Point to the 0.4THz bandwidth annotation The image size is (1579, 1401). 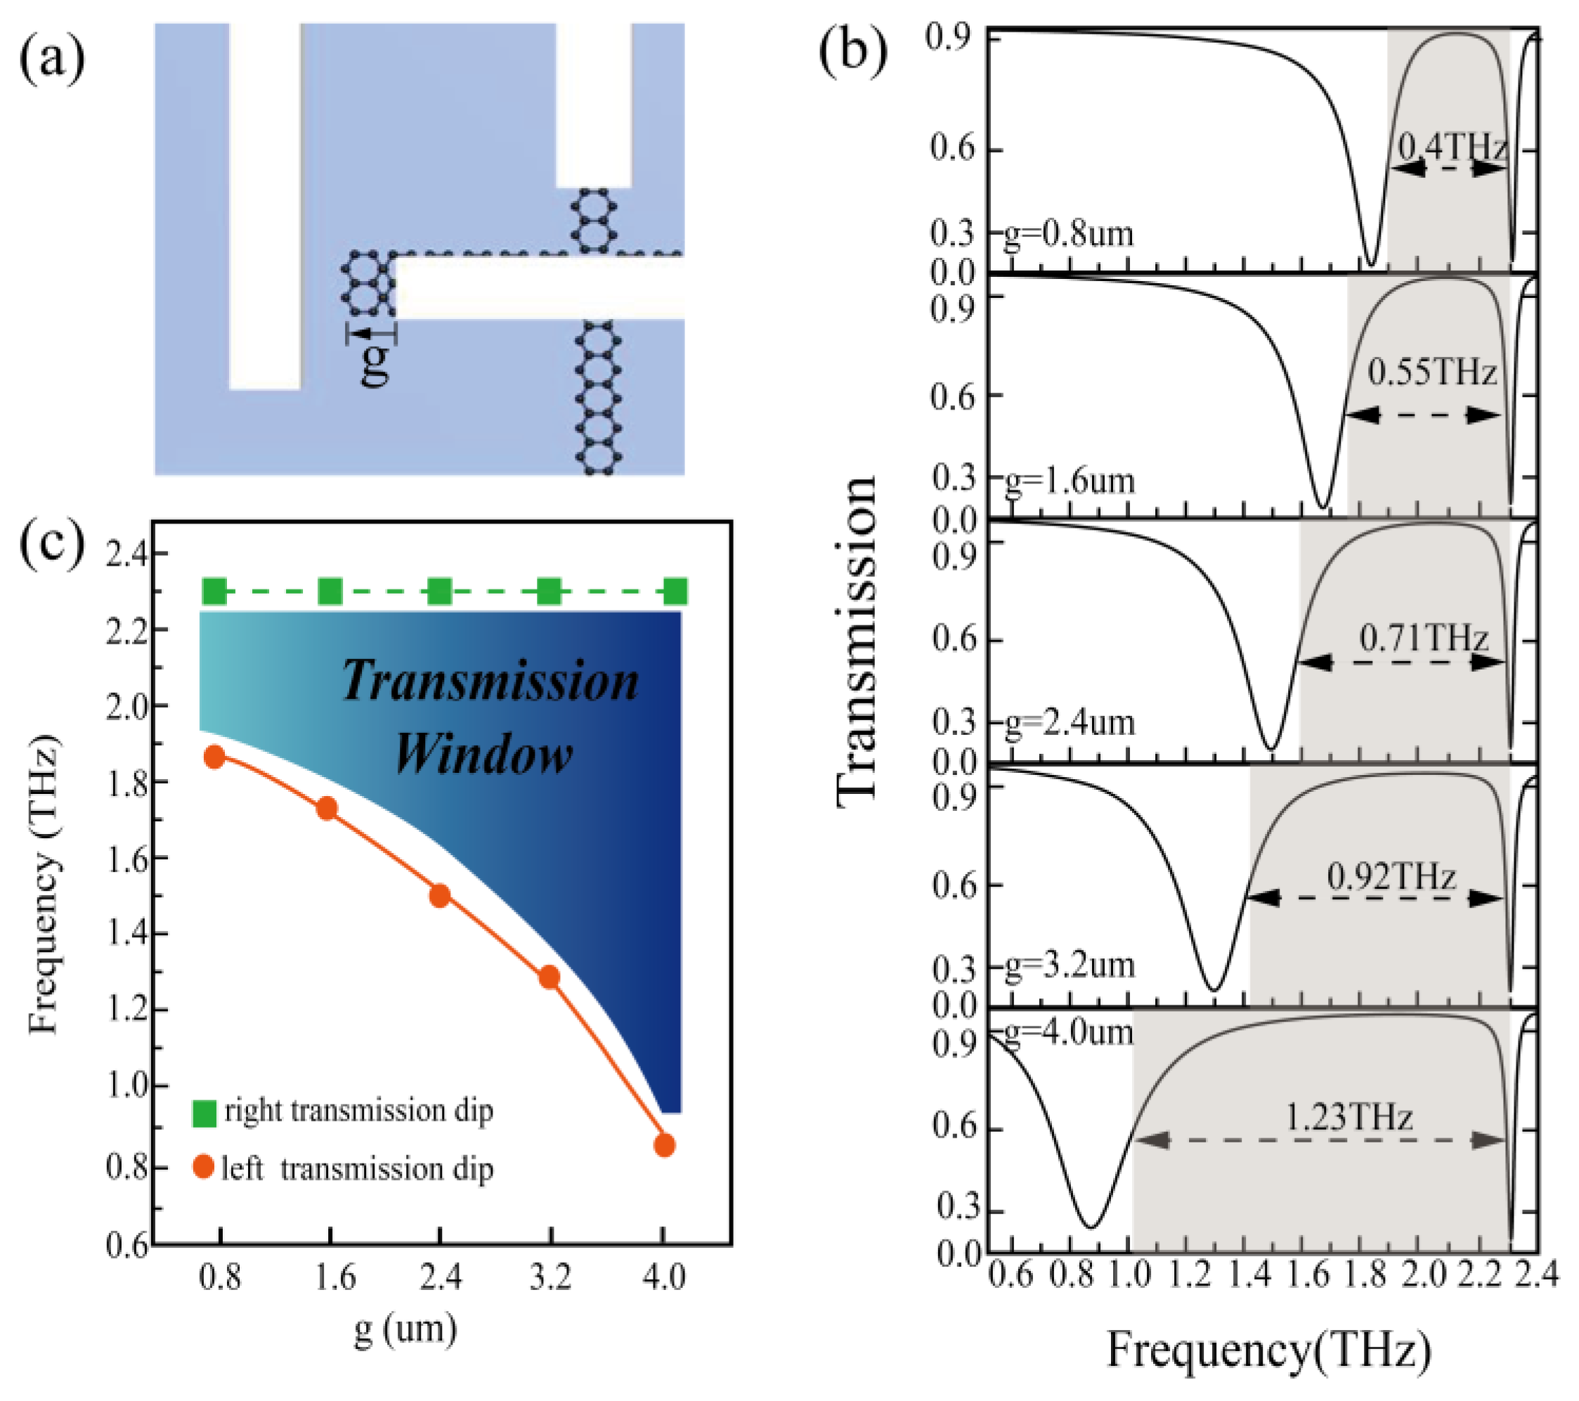(x=1453, y=145)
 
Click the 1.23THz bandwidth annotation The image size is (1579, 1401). (x=1349, y=1116)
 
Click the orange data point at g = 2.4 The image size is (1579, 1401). (x=440, y=896)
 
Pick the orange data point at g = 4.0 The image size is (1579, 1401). (x=664, y=1145)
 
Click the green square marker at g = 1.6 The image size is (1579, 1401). (x=330, y=592)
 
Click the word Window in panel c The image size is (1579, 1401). (x=483, y=754)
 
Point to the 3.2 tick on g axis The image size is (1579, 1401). (x=551, y=1277)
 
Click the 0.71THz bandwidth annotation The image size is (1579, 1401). (x=1423, y=638)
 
